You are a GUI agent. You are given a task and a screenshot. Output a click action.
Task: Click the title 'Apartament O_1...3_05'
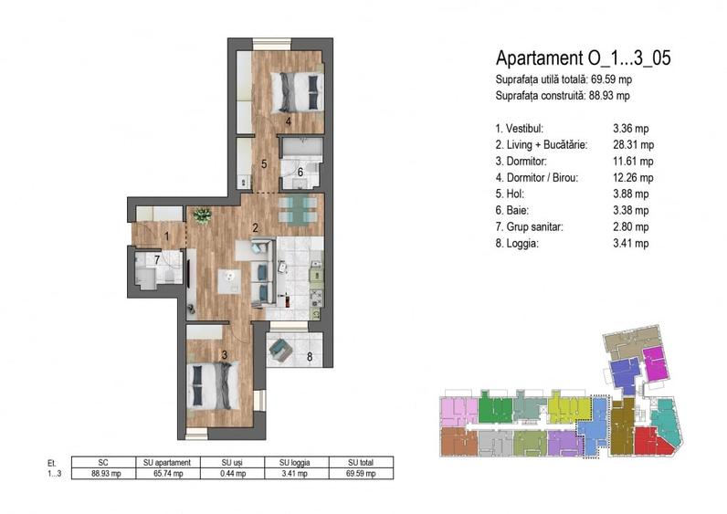pyautogui.click(x=583, y=58)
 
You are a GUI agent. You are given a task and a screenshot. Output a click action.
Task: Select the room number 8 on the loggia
pyautogui.click(x=310, y=357)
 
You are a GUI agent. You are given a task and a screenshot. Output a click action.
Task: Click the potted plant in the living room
pyautogui.click(x=202, y=215)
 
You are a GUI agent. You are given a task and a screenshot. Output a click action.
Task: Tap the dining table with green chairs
pyautogui.click(x=298, y=209)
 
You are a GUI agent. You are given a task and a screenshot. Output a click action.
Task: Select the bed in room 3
pyautogui.click(x=215, y=384)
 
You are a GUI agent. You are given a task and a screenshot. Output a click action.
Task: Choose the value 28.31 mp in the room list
pyautogui.click(x=634, y=144)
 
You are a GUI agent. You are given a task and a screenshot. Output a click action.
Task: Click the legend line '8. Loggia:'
pyautogui.click(x=518, y=243)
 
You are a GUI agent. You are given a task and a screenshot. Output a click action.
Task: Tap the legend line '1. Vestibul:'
pyautogui.click(x=522, y=128)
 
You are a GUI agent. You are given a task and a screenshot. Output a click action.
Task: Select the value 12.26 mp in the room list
pyautogui.click(x=634, y=177)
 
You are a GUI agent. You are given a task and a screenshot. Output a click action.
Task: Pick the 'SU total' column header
pyautogui.click(x=360, y=462)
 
